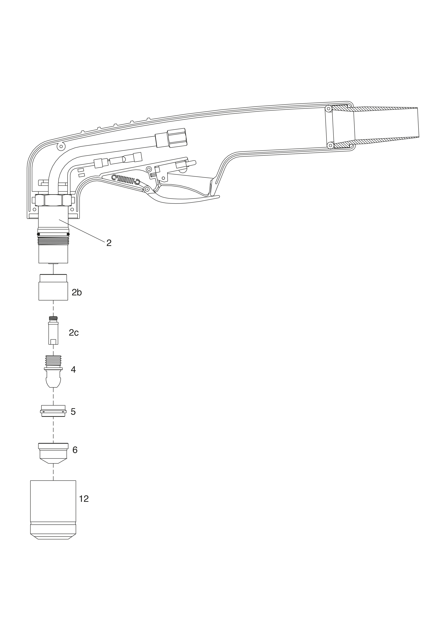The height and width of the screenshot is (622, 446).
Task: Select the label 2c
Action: pyautogui.click(x=74, y=333)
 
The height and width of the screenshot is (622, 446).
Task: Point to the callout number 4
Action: pyautogui.click(x=73, y=369)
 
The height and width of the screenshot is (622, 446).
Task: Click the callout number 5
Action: pyautogui.click(x=73, y=412)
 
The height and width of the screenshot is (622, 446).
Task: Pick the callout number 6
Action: pyautogui.click(x=75, y=450)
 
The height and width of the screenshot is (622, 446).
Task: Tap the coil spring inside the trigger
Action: pyautogui.click(x=126, y=180)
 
